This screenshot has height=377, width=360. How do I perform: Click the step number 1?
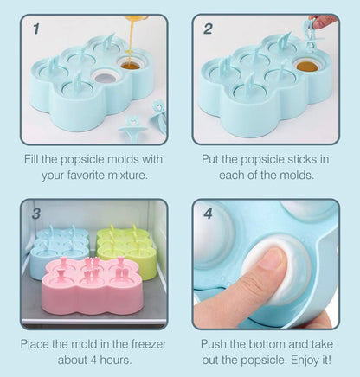[36, 29]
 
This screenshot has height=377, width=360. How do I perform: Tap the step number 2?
[208, 29]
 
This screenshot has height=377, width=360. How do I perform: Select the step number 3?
[36, 214]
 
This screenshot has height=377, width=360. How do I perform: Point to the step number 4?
[208, 214]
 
